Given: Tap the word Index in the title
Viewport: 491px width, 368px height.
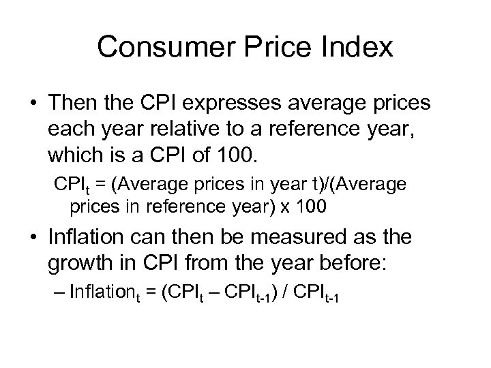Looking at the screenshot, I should coord(359,48).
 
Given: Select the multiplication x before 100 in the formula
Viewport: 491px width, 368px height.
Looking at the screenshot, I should coord(289,208).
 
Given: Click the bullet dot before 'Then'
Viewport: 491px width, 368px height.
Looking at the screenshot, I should coord(33,104).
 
